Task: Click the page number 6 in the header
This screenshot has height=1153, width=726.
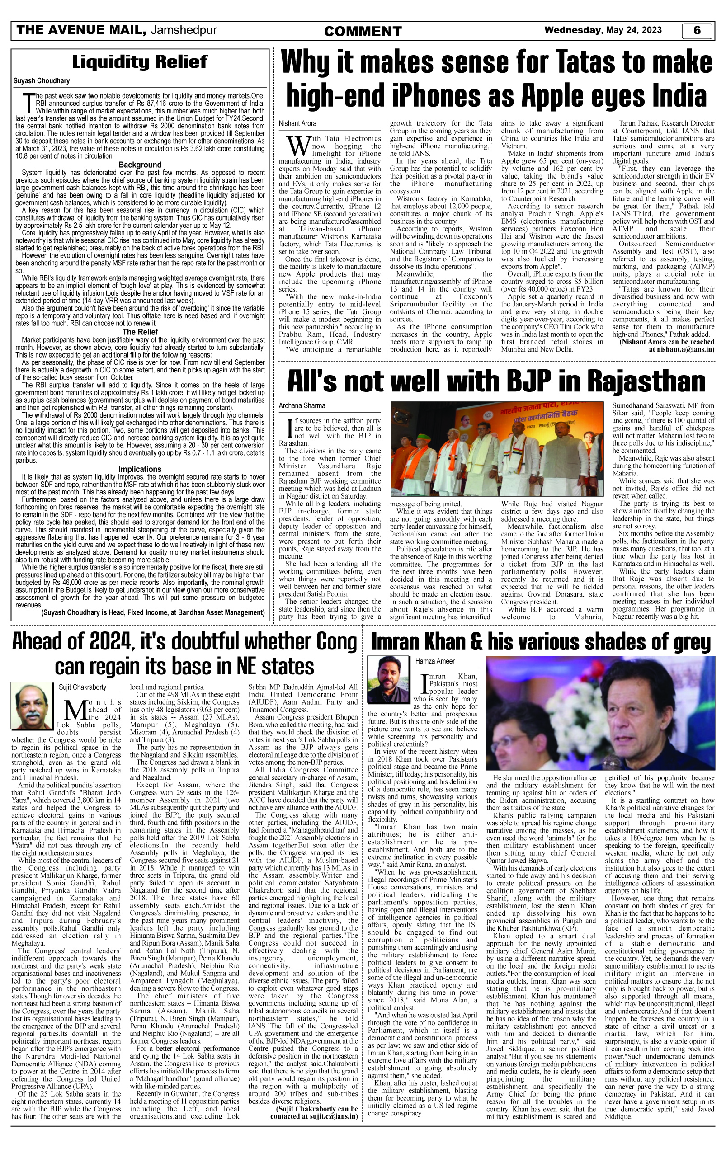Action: [697, 31]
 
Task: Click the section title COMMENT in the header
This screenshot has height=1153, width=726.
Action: [363, 32]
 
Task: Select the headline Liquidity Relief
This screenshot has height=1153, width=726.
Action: [140, 62]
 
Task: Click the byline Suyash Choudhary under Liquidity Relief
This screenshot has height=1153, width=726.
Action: [42, 81]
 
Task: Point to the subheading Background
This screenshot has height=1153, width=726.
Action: [140, 165]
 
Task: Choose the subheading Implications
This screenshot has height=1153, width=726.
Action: [140, 469]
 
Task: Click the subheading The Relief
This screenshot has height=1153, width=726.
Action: [140, 332]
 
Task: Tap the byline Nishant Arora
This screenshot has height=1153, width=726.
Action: [297, 123]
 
